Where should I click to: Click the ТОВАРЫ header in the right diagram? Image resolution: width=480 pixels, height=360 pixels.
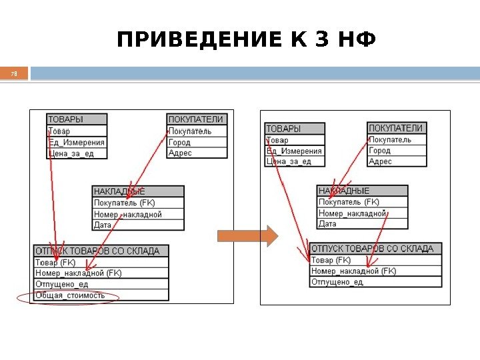coord(284,128)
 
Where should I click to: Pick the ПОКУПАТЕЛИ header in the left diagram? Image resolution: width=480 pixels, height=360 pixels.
coord(195,119)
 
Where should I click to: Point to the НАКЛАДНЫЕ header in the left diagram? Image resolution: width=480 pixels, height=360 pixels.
coord(119,191)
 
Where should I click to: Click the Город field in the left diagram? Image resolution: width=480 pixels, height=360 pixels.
coord(180,142)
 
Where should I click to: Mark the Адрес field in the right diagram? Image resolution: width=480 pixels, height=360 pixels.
coord(381,161)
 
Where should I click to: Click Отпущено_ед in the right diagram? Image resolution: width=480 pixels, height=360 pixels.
coord(337,282)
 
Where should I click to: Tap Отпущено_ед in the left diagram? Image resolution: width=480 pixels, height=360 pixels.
coord(61,284)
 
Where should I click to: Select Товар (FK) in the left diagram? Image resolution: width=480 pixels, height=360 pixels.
coord(55,262)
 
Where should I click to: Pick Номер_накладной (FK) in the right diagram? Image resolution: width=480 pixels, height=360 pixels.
coord(353,271)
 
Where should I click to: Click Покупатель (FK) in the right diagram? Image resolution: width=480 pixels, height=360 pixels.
coord(349,202)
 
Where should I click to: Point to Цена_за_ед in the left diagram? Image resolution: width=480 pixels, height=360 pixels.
coord(71,153)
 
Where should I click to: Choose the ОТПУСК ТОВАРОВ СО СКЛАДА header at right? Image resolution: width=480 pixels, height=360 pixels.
coord(373,249)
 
